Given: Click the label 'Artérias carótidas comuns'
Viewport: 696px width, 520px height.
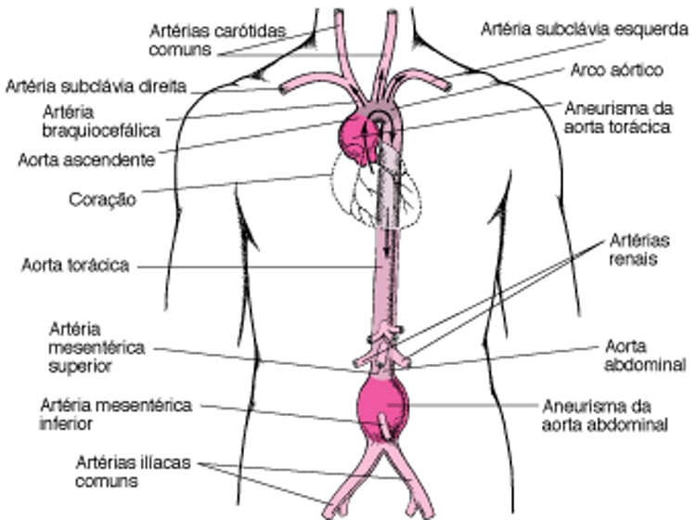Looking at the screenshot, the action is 217,40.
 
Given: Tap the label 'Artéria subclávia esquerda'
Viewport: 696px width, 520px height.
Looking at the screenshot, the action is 584,30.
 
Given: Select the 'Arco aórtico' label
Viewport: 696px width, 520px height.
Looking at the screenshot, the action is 616,71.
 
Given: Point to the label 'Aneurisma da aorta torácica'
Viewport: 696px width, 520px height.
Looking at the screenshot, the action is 618,118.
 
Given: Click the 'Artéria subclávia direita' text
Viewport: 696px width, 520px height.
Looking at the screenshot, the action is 96,86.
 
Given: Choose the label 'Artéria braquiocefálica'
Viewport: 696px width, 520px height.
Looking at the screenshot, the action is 101,122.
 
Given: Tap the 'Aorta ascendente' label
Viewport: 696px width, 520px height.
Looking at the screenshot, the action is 86,160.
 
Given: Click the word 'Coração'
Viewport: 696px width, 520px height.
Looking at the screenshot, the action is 102,200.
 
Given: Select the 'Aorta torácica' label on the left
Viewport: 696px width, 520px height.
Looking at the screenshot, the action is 75,266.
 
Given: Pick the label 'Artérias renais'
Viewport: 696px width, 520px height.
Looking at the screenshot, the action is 639,250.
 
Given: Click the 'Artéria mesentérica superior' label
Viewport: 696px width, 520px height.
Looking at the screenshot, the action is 97,347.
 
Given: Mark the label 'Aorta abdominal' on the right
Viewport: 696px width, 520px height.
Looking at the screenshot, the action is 645,356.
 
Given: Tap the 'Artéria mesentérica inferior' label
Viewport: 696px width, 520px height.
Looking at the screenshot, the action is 116,414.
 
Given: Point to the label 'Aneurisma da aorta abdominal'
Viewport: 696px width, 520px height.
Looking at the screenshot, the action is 605,416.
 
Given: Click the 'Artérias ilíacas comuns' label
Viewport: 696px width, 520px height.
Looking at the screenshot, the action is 133,472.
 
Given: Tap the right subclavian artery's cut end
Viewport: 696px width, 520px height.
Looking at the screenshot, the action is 282,89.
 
